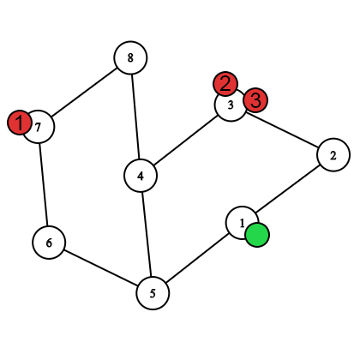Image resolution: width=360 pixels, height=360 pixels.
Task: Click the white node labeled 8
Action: pos(130,57)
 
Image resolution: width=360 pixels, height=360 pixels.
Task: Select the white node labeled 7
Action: pos(38,127)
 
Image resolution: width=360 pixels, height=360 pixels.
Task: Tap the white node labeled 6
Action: pos(49,243)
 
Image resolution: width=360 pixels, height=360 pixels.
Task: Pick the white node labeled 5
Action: pos(153,293)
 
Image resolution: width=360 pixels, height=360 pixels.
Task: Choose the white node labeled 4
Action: pos(141,176)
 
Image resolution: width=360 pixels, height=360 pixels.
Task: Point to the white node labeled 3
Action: pos(231,105)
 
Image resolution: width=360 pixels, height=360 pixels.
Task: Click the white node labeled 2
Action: pos(333,155)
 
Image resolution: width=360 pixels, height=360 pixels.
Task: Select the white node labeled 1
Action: pos(242,223)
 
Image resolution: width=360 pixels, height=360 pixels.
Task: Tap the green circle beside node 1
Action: pos(257,235)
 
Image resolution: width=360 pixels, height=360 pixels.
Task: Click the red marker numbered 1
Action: pos(19,123)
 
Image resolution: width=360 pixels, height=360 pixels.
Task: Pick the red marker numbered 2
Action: pos(225,84)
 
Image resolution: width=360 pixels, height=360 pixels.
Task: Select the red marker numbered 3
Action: pos(255,100)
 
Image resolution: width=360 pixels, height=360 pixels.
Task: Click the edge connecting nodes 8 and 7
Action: pos(84,93)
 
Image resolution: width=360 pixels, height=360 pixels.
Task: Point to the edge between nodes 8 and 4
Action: pos(135,117)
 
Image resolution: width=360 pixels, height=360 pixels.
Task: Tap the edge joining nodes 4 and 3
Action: pos(185,141)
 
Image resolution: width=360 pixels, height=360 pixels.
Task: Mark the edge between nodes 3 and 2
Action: pos(282,130)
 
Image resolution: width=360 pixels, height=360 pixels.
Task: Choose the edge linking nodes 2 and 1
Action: pos(287,189)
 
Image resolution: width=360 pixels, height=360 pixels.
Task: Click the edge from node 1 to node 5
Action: pos(197,258)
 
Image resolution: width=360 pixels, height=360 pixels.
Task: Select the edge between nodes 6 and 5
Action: pos(101,268)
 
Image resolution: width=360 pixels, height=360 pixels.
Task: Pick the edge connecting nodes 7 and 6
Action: pos(44,184)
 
